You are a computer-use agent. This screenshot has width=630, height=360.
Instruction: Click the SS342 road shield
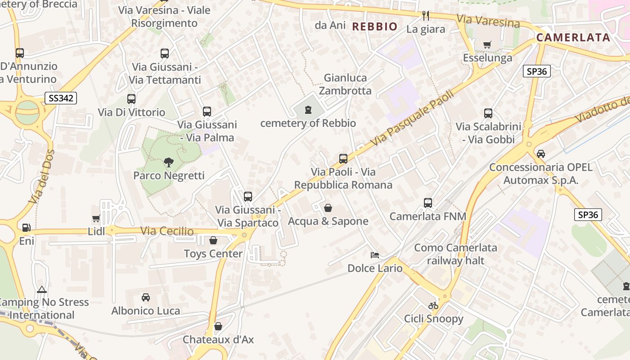[61, 98]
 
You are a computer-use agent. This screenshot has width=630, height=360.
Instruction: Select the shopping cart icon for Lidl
[96, 219]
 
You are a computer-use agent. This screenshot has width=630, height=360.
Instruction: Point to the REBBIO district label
[375, 27]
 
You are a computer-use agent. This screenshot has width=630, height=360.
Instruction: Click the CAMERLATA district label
[573, 37]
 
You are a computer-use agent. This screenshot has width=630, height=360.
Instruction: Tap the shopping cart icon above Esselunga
[487, 45]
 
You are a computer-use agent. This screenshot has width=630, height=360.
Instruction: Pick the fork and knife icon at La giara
[426, 16]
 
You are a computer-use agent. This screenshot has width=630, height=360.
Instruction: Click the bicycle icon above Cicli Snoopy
[433, 306]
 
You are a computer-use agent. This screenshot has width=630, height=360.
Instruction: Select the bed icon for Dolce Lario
[374, 255]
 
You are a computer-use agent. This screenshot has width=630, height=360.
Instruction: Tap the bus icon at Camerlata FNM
[428, 203]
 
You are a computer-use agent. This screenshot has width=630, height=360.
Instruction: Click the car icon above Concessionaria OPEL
[541, 154]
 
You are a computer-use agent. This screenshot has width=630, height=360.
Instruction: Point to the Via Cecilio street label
[167, 231]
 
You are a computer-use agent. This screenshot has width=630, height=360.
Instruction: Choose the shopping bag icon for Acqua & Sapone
[328, 208]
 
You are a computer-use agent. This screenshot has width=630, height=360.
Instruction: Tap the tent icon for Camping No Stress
[42, 289]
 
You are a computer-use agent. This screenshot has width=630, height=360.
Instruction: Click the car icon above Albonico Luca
[146, 297]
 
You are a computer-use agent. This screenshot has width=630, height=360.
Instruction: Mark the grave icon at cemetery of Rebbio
[308, 109]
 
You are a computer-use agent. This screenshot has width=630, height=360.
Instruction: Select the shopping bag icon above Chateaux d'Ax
[218, 326]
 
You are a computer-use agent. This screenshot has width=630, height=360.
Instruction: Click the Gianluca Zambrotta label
[345, 84]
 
